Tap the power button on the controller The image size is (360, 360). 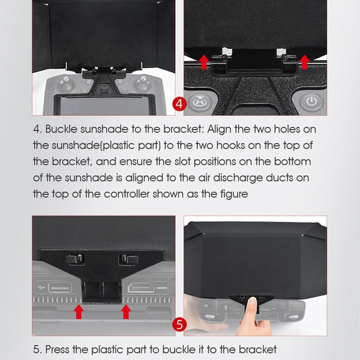click(x=310, y=101)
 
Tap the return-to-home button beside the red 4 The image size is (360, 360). click(x=199, y=102)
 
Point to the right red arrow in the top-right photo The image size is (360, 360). click(x=305, y=61)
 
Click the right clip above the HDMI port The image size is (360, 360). click(x=129, y=259)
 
